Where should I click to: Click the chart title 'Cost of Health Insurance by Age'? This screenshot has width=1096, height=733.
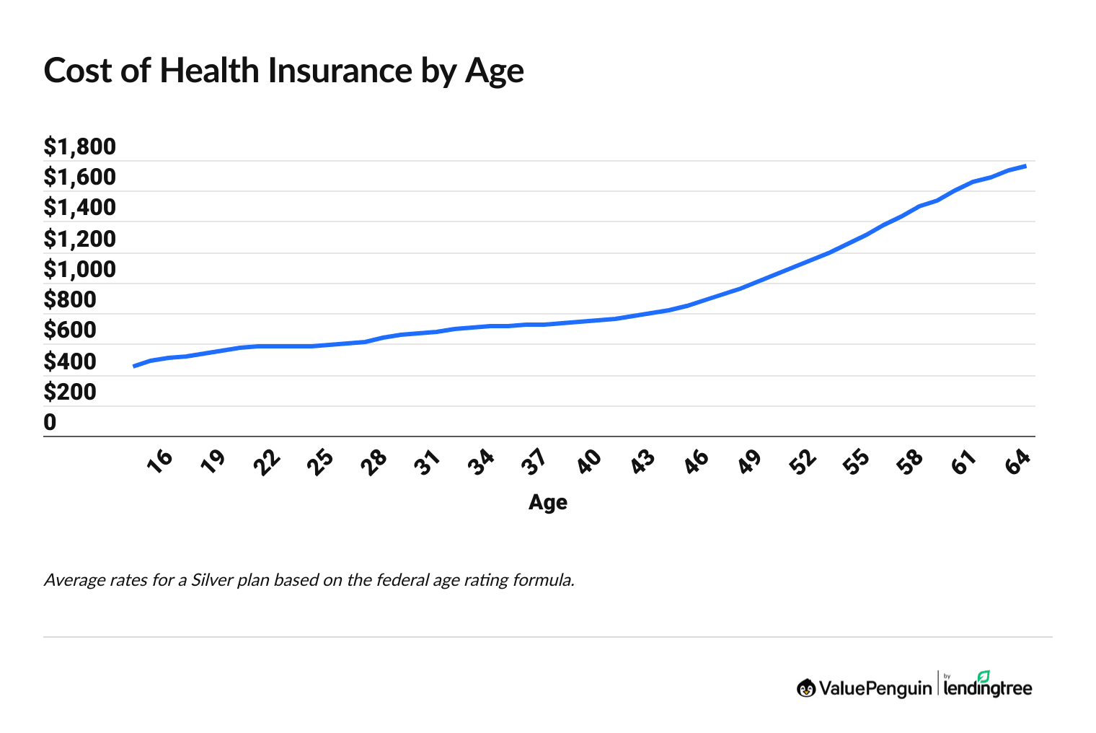pos(283,71)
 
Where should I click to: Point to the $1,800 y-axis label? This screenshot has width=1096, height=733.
pos(79,146)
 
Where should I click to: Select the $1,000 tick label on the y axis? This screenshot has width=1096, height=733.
pos(79,269)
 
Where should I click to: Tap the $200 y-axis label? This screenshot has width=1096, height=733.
pos(70,392)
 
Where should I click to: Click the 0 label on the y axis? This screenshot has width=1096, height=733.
pos(50,422)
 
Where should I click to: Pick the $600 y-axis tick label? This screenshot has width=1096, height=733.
pos(70,330)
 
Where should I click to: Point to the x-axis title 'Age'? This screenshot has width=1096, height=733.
pos(547,502)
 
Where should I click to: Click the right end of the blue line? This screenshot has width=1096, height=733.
pos(1025,166)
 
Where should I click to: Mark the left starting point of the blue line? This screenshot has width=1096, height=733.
pos(134,366)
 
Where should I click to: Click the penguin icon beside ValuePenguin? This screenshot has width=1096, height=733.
pos(806,688)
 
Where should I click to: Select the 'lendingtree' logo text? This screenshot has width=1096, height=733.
pos(988,689)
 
